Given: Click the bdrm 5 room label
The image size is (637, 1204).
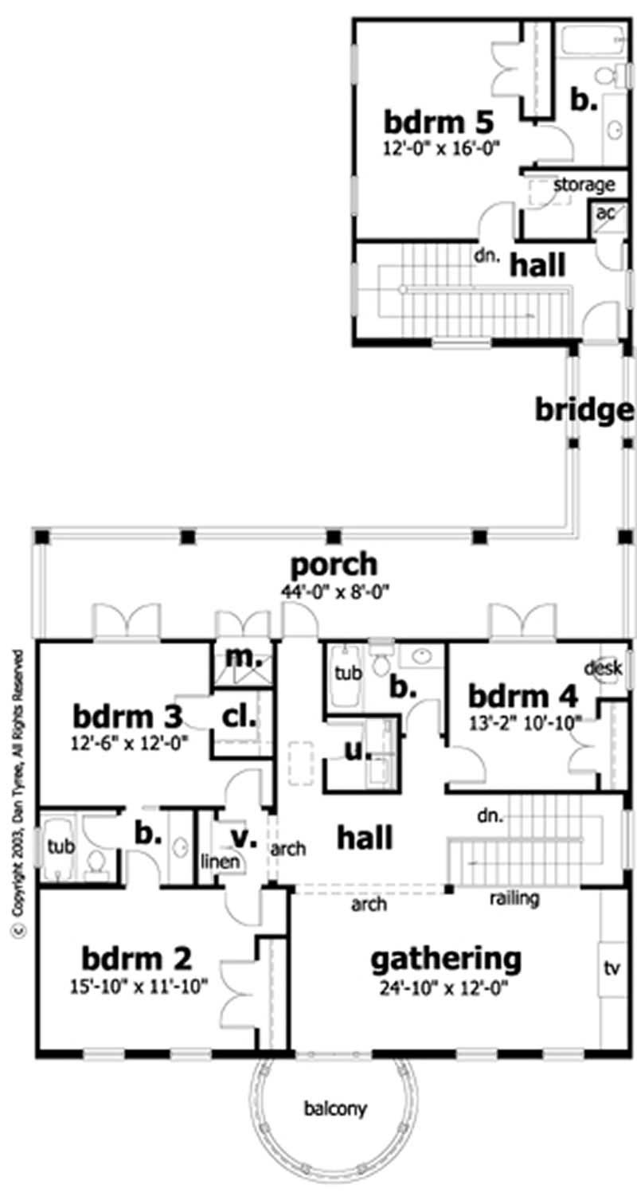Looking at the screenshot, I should point(439,123).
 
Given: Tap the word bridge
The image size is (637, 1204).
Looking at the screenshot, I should point(584,411).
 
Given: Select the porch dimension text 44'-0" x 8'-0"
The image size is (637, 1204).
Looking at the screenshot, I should point(332,592).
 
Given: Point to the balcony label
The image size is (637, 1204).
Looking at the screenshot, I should point(332,1108).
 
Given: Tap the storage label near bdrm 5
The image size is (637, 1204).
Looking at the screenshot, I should point(584,185).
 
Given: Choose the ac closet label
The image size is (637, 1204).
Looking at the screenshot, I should point(605,213).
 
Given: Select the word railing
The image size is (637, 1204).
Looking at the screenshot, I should point(514,899).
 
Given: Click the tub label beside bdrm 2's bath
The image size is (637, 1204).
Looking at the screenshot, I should point(60,845).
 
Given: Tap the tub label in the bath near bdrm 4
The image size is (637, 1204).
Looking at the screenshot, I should point(347,673).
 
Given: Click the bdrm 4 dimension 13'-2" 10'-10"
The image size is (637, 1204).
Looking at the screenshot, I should point(522,721).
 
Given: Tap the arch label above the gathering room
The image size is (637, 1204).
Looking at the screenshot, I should point(369,905).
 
